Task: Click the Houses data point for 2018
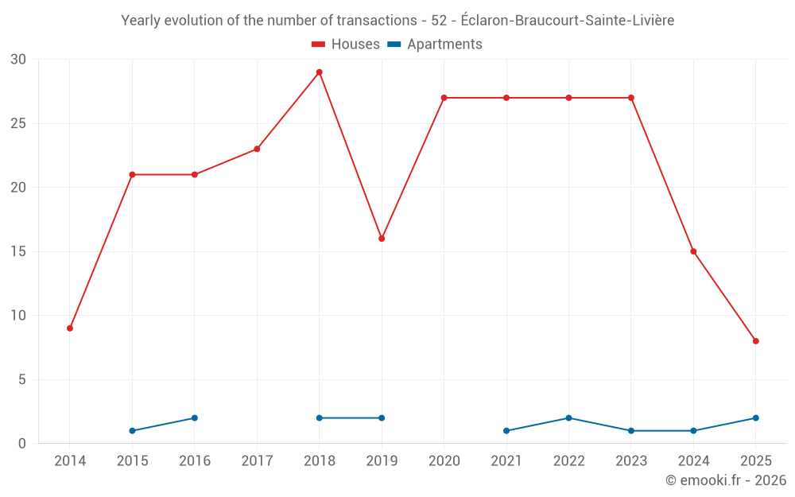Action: (319, 72)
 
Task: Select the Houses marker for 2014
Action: (70, 328)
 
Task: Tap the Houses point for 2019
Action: (382, 239)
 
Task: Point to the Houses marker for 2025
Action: (756, 341)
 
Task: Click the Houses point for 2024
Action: (693, 251)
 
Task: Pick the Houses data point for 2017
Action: (257, 149)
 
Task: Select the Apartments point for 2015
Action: (132, 431)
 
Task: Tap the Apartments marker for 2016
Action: (195, 418)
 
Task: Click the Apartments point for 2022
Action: (568, 418)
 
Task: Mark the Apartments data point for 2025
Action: (756, 418)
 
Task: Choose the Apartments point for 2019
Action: (382, 418)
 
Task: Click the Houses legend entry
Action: (346, 45)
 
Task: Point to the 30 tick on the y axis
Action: (18, 60)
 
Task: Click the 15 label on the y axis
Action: (18, 252)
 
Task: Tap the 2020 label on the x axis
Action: (444, 461)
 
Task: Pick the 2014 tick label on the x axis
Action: (70, 461)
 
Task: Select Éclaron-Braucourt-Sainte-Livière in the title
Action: (567, 21)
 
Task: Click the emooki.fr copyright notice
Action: (725, 480)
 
